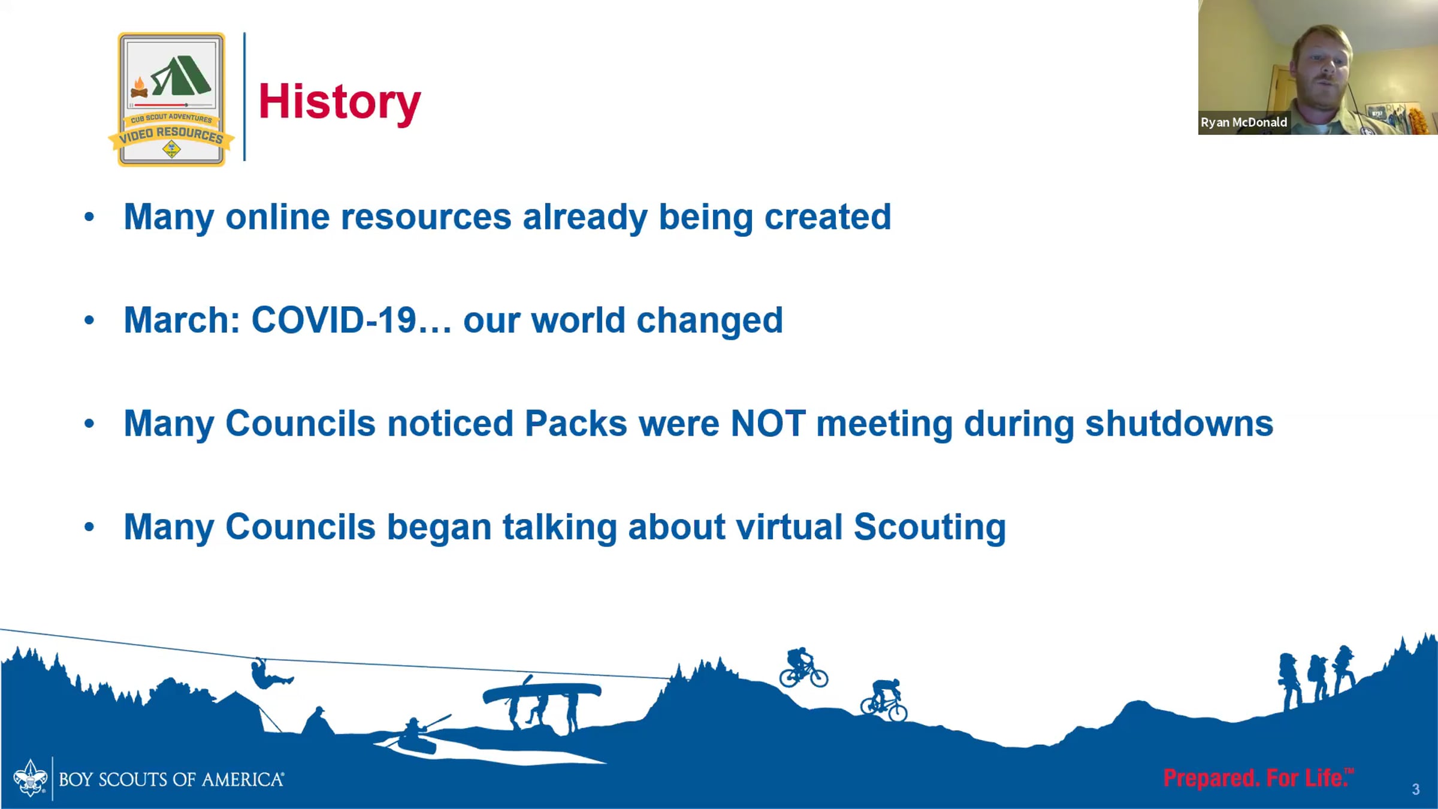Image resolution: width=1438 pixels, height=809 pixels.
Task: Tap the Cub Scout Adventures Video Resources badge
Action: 171,99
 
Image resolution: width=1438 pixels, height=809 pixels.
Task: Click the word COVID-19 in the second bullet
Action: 334,320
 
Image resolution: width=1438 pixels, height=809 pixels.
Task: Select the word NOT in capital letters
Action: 768,424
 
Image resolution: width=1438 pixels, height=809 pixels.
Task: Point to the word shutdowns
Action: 1179,424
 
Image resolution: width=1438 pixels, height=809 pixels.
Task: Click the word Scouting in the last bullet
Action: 930,528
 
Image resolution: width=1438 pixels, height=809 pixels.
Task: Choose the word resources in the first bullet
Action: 426,217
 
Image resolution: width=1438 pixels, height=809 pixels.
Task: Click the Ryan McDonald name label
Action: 1244,122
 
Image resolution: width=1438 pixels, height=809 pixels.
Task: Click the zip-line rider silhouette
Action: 270,674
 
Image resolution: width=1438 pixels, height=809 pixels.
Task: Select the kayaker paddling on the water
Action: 419,734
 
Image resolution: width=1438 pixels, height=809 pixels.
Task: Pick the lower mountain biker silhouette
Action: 884,700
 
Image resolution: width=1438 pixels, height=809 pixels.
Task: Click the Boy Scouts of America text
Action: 171,780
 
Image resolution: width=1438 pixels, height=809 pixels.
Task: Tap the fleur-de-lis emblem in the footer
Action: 30,778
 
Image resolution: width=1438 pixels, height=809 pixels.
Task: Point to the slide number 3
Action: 1416,790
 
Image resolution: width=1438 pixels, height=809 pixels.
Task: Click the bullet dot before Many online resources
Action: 89,217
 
